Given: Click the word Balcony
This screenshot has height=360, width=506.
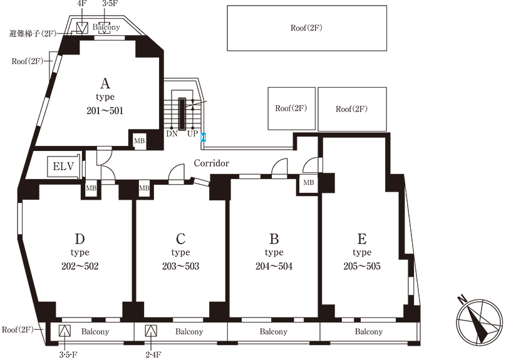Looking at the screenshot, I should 106,28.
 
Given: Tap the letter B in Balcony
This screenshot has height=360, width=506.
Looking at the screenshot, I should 95,28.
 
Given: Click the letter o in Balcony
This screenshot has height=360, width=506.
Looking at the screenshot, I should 110,28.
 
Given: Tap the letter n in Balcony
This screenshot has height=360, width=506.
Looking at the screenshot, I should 114,28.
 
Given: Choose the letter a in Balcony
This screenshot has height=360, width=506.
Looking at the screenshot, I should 99,28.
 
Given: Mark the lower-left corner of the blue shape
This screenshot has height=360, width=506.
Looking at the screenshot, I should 197,141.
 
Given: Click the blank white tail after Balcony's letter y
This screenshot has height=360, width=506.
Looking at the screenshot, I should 123,28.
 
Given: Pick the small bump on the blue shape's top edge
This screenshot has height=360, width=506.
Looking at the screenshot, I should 202,133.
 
